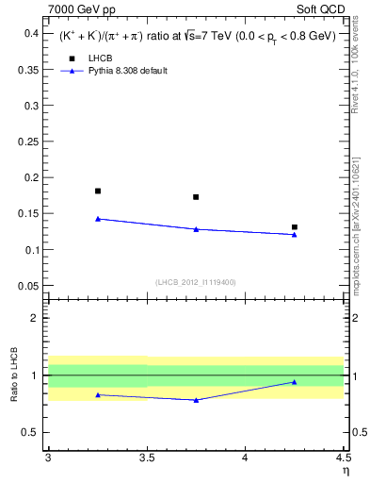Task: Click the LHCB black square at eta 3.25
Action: coord(98,192)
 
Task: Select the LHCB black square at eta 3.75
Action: coord(196,197)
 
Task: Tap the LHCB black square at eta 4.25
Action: coord(295,227)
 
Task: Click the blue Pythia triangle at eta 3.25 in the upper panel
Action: coord(98,219)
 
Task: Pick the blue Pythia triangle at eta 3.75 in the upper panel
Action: coord(196,229)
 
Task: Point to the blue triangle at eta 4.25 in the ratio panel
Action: coord(295,382)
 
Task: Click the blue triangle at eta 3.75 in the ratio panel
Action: coord(196,400)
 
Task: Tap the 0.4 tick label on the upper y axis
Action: coord(30,33)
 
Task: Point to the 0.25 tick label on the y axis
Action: coord(28,142)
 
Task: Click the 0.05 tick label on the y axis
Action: coord(28,286)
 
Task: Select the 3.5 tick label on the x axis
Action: coord(146,458)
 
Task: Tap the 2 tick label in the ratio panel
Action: coord(35,318)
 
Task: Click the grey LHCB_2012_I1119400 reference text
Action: coord(196,282)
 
